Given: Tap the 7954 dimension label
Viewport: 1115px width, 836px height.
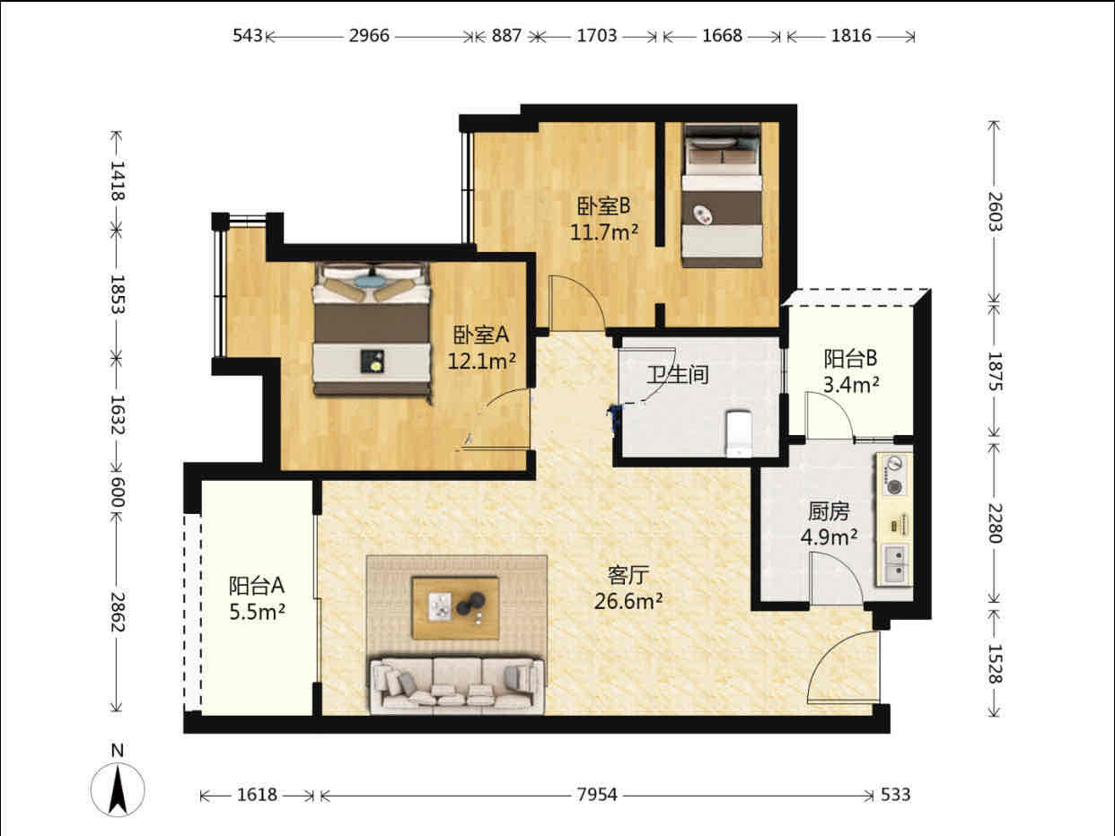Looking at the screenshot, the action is tap(597, 795).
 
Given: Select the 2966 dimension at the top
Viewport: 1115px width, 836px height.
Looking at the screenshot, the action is tap(369, 36).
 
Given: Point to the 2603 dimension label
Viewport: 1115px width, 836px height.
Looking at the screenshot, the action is tap(994, 213).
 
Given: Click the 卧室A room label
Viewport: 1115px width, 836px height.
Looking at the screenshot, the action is tap(480, 335).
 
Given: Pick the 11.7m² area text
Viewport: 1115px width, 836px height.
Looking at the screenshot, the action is tap(604, 232).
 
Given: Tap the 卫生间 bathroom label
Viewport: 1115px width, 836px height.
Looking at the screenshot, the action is tap(678, 375).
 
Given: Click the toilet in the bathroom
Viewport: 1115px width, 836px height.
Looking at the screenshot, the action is tap(739, 433).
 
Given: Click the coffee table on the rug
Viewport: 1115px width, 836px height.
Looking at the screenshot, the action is tap(455, 607).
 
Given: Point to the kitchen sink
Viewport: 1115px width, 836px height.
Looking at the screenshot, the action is tap(896, 563).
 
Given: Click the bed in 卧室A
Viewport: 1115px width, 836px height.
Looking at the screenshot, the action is tap(373, 331).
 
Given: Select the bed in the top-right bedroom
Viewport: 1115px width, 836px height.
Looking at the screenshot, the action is tap(722, 196).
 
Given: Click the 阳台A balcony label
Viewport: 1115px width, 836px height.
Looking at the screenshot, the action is tap(256, 586).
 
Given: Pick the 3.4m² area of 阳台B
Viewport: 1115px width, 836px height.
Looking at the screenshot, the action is tap(851, 385).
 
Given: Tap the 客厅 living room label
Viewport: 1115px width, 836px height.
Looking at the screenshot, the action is tap(628, 575).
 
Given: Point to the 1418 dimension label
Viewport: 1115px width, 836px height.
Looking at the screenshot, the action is tap(118, 180).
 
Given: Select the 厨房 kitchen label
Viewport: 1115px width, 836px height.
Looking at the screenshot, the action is tap(829, 511).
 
